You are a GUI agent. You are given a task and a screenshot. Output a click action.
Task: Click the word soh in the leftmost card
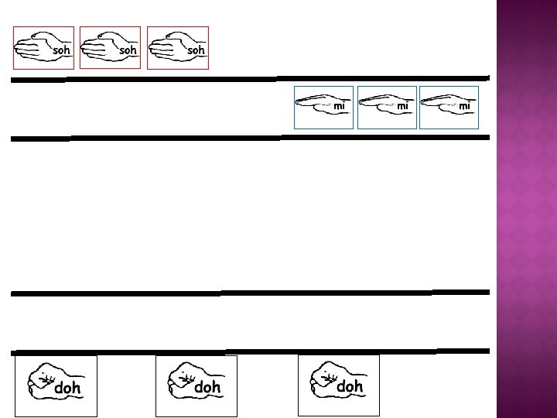pyautogui.click(x=61, y=50)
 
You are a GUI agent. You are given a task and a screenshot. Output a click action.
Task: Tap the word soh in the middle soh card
pyautogui.click(x=128, y=50)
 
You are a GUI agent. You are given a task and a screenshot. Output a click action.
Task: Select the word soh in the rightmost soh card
pyautogui.click(x=196, y=50)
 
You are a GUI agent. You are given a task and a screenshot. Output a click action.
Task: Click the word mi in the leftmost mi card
pyautogui.click(x=339, y=106)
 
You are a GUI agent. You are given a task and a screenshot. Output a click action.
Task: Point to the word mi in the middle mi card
pyautogui.click(x=402, y=106)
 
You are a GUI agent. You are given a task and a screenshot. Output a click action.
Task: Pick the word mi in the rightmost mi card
pyautogui.click(x=464, y=106)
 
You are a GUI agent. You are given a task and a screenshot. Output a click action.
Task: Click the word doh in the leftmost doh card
pyautogui.click(x=67, y=388)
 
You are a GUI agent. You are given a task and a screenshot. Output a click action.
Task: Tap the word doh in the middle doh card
pyautogui.click(x=207, y=386)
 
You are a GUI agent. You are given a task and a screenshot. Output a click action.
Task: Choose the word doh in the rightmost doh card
pyautogui.click(x=350, y=385)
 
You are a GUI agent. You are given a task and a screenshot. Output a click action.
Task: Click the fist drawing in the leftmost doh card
pyautogui.click(x=43, y=378)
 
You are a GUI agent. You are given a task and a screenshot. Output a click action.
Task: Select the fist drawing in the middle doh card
pyautogui.click(x=183, y=377)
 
